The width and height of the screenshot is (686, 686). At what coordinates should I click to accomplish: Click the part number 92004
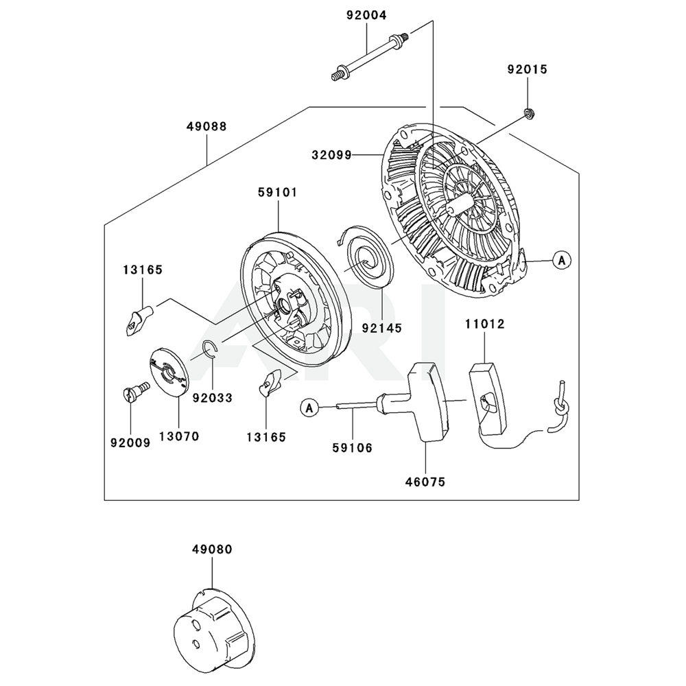(x=366, y=14)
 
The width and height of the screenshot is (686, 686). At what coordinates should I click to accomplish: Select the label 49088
(x=206, y=126)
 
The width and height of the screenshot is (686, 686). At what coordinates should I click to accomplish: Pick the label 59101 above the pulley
(x=277, y=192)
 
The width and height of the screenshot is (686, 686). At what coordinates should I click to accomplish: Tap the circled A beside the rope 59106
(x=309, y=408)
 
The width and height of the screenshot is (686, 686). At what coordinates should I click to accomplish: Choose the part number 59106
(x=352, y=448)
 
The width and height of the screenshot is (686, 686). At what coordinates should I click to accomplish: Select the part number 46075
(x=425, y=482)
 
